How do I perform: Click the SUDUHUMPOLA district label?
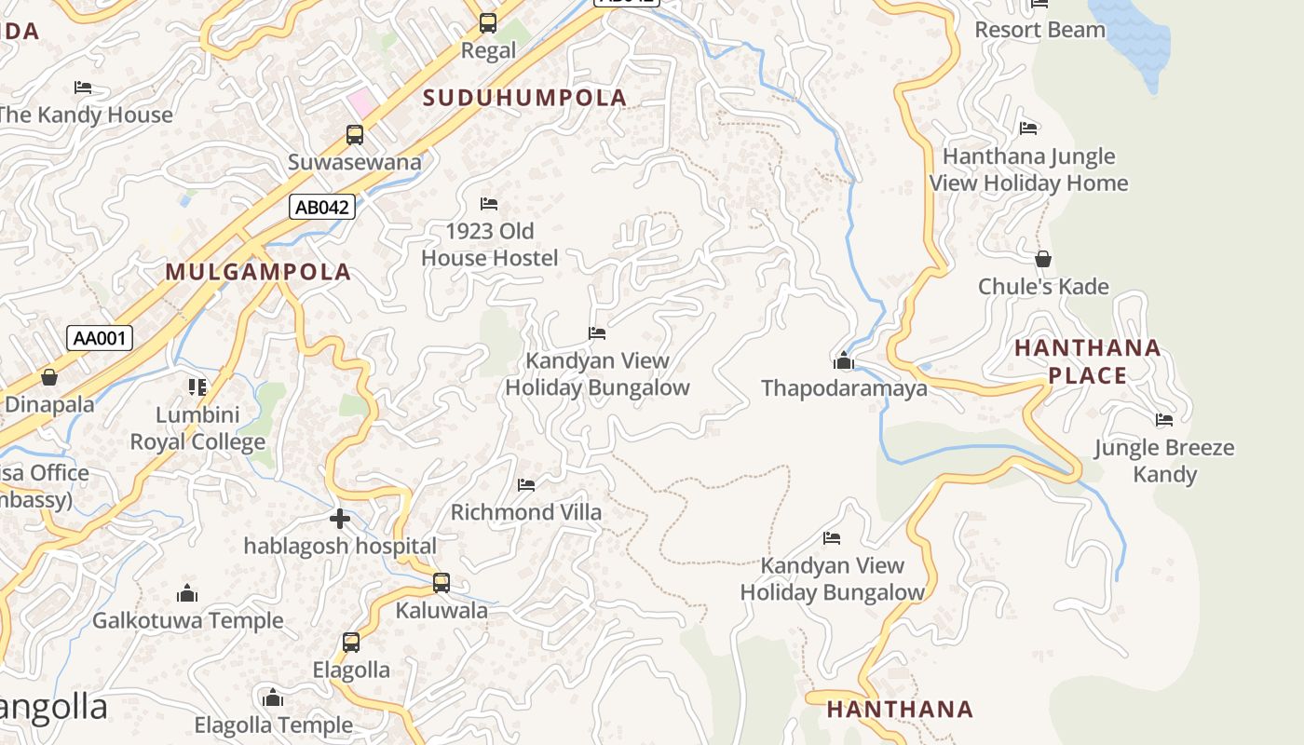525,98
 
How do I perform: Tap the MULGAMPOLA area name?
258,272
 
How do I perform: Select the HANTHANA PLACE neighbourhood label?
1087,361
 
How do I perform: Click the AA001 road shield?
100,338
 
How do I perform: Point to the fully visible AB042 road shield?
321,207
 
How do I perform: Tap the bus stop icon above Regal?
488,23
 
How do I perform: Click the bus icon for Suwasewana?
355,135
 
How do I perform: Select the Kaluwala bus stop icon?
441,583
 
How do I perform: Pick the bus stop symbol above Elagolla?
350,642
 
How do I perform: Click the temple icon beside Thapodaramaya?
844,360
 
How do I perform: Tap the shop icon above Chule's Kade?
1043,259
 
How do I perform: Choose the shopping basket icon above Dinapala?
49,377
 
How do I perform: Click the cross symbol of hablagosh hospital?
340,518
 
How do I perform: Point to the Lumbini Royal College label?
197,428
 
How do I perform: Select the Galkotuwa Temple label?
187,620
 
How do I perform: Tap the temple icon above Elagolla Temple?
273,698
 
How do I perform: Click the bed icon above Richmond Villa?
526,484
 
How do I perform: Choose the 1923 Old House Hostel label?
490,244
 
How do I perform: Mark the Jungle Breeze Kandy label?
1164,461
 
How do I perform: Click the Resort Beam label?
1039,30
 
